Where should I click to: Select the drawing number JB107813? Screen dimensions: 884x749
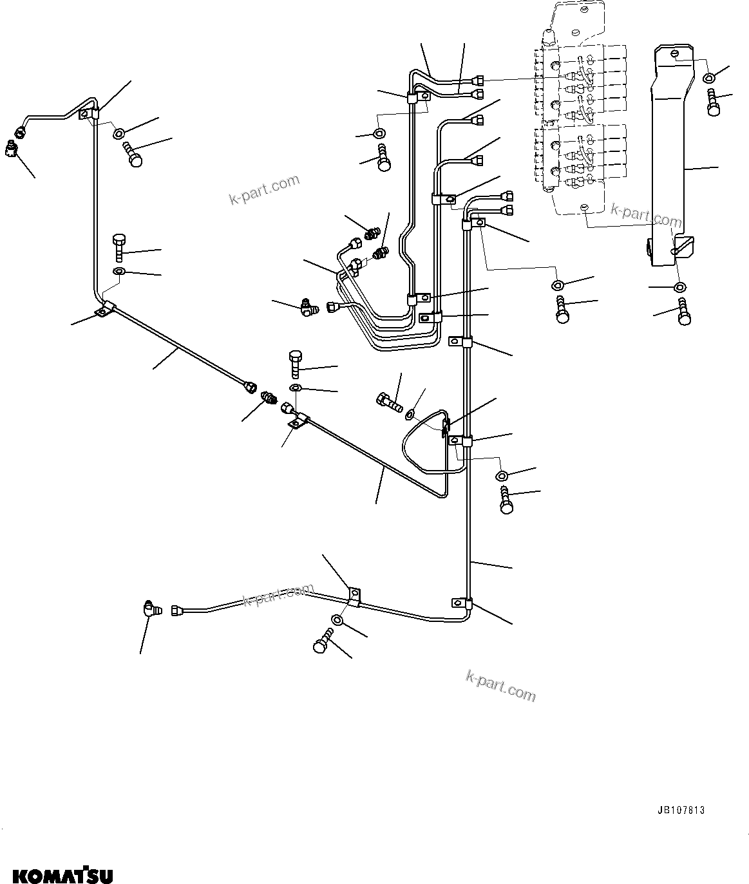coord(681,810)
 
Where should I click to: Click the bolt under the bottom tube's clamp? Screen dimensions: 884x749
coord(322,643)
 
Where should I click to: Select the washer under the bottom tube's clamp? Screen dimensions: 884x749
coord(337,620)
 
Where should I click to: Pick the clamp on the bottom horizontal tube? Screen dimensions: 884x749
coord(354,596)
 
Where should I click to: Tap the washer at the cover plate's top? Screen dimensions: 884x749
coord(708,78)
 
